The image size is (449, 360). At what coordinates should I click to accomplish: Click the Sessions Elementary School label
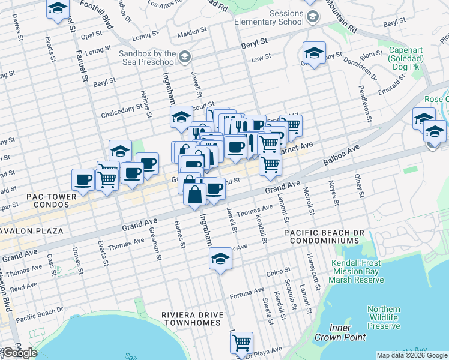click(270, 17)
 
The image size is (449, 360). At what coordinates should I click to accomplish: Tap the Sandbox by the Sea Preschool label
click(148, 57)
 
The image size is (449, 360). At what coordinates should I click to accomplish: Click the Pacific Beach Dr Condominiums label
click(321, 236)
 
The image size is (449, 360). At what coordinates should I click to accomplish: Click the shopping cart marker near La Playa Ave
click(241, 343)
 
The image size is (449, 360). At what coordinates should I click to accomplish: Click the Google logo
click(19, 353)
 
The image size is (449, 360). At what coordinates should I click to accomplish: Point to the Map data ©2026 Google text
click(411, 355)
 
